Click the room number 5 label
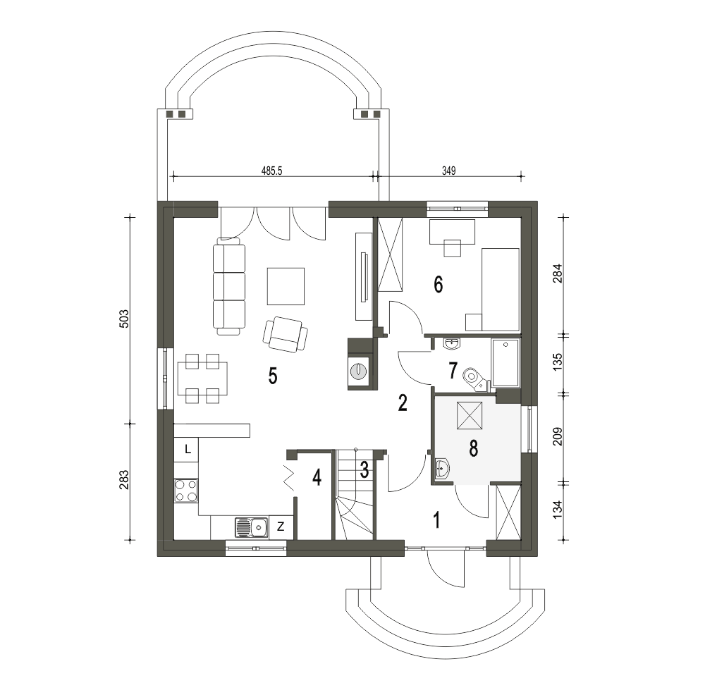click(272, 376)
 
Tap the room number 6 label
click(438, 284)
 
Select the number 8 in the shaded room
click(473, 448)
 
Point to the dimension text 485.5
click(271, 171)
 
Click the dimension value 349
click(448, 171)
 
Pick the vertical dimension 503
click(125, 319)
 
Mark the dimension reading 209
click(557, 436)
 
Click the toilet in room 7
click(474, 378)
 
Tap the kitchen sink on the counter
click(252, 527)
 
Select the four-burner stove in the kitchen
click(186, 491)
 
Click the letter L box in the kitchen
click(187, 449)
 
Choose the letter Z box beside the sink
click(281, 527)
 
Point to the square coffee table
click(286, 286)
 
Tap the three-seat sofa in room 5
click(229, 286)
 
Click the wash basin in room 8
click(443, 468)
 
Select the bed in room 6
click(501, 290)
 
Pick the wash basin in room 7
click(452, 344)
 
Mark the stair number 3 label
click(364, 469)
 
